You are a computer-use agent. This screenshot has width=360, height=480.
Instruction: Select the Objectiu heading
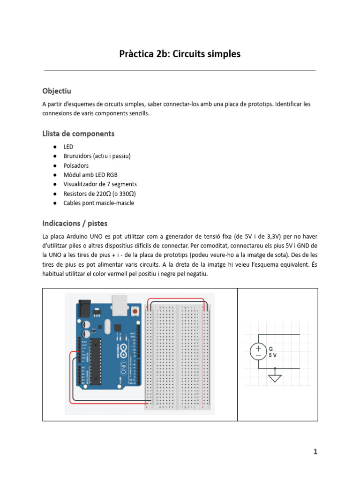coord(57,90)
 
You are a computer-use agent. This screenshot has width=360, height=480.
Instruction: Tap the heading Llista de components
coord(78,134)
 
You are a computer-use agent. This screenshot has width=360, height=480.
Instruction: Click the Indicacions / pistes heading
coord(75,223)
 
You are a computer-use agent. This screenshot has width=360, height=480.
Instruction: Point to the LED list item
coord(68,147)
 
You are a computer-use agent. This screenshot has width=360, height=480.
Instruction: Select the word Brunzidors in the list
coord(78,156)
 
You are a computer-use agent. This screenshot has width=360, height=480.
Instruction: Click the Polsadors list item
coord(76,165)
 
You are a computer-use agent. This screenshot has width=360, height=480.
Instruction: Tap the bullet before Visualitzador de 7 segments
coord(55,184)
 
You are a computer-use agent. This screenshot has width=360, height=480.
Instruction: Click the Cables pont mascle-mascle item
coord(98,203)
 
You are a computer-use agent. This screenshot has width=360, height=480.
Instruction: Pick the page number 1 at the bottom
coord(315,452)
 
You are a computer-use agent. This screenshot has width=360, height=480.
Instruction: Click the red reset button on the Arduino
coord(135,311)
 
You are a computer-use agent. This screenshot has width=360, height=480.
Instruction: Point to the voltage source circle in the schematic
coord(258,352)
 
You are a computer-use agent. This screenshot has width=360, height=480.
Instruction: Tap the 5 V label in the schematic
coord(273,355)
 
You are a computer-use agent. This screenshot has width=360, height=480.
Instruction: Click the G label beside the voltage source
coord(270,349)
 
